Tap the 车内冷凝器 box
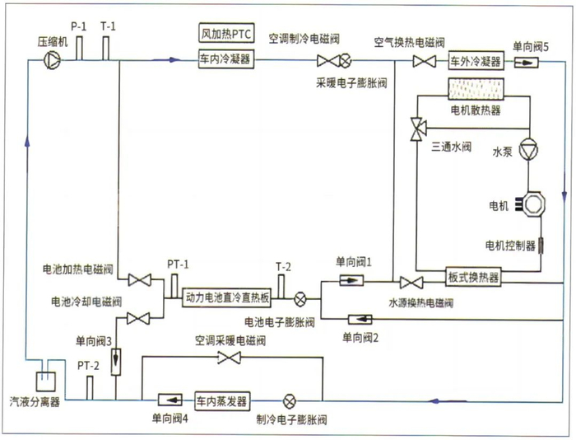pos(225,59)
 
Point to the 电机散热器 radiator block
pos(476,87)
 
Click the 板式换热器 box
pos(474,278)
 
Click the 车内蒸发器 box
pos(221,400)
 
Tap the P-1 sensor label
pos(78,26)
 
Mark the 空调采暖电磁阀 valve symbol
pos(228,357)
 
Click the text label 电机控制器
pos(510,245)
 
